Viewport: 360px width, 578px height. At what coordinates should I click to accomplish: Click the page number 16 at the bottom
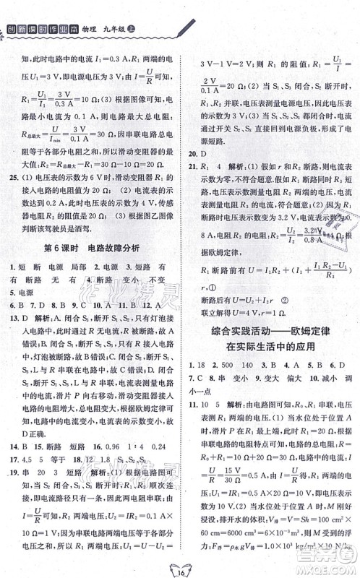tap(179, 564)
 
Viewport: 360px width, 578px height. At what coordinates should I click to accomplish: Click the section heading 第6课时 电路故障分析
tap(92, 249)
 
